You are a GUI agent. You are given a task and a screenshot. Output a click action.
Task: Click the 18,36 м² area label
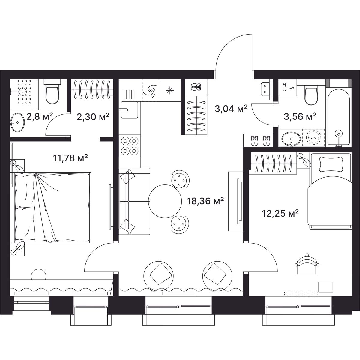pyautogui.click(x=205, y=202)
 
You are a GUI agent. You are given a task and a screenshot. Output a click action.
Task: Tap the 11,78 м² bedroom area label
pyautogui.click(x=70, y=158)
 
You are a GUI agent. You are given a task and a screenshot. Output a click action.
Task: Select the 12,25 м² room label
pyautogui.click(x=280, y=213)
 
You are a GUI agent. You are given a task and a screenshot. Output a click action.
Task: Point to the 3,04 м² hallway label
pyautogui.click(x=231, y=108)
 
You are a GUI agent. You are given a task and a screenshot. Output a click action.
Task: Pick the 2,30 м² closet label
pyautogui.click(x=93, y=117)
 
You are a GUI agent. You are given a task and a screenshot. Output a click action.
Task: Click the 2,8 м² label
pyautogui.click(x=40, y=117)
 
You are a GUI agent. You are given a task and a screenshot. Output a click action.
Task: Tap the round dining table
pyautogui.click(x=165, y=201)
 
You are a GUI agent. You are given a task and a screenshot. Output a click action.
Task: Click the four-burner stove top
pyautogui.click(x=130, y=145)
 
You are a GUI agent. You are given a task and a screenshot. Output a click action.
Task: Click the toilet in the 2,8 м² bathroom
pyautogui.click(x=52, y=92)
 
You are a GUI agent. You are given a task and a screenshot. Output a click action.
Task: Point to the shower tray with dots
pyautogui.click(x=24, y=94)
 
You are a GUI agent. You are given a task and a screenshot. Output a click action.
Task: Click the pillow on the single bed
pyautogui.click(x=331, y=164)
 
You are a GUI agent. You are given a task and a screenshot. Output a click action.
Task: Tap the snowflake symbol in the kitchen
pyautogui.click(x=170, y=90)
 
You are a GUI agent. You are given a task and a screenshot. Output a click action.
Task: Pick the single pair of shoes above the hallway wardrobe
pyautogui.click(x=196, y=87)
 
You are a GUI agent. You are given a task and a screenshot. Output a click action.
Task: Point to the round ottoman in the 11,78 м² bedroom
pyautogui.click(x=38, y=275)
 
